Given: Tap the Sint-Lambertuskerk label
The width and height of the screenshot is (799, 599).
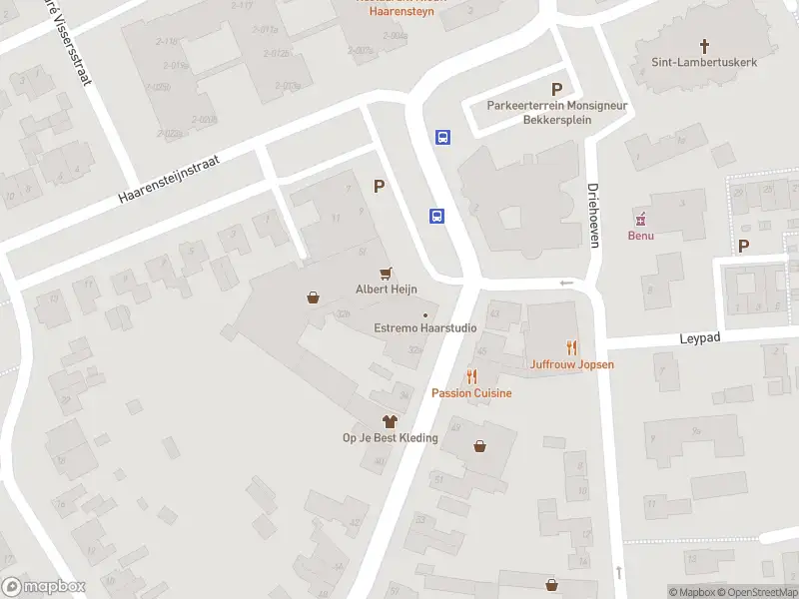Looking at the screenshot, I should tap(704, 62).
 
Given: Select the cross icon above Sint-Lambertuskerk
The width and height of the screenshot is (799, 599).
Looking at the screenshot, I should tap(705, 46).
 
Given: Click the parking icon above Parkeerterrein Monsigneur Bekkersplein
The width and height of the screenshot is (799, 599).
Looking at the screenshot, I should tap(556, 90).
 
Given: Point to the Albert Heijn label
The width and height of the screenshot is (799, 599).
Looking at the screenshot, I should tap(386, 290).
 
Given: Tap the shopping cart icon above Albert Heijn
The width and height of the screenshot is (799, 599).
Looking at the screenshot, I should tap(386, 273).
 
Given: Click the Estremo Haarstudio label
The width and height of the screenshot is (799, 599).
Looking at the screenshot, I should tap(424, 327).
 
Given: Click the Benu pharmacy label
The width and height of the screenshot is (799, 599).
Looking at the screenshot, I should tap(640, 236).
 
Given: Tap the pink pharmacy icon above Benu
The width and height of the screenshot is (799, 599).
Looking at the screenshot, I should tap(640, 219).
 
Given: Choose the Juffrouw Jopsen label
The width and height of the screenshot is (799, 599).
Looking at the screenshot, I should tap(572, 364).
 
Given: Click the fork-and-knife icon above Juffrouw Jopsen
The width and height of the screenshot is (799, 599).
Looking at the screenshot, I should tap(572, 347).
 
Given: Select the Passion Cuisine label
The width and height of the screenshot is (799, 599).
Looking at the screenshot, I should tap(471, 393).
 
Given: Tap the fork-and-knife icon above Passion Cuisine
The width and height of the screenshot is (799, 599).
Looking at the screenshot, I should tap(471, 376).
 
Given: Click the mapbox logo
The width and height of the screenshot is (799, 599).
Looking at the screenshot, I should tap(44, 586).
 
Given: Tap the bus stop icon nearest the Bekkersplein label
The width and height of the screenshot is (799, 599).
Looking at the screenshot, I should tap(441, 138).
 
